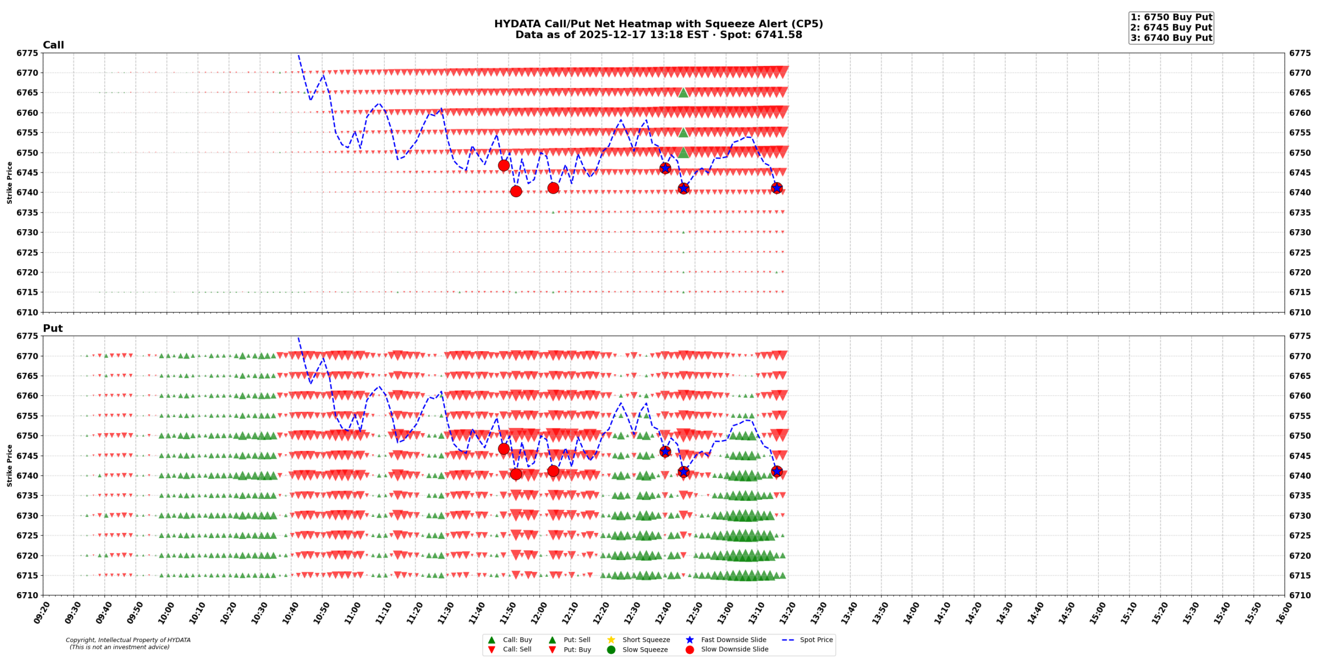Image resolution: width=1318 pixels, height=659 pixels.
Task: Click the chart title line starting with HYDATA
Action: (x=658, y=24)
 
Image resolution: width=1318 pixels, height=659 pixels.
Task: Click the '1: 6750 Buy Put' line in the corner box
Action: (x=1171, y=17)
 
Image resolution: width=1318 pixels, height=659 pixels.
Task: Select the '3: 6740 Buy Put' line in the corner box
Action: (x=1171, y=38)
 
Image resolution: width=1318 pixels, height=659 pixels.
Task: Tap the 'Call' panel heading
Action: (x=53, y=45)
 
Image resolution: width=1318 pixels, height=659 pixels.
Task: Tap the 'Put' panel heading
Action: (x=53, y=328)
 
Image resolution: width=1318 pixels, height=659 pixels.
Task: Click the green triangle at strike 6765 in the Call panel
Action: (x=683, y=93)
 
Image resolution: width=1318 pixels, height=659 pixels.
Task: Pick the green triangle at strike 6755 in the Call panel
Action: (x=683, y=132)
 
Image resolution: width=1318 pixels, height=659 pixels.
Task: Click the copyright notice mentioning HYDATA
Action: (x=128, y=640)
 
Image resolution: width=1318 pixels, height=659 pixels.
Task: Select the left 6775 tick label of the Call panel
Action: (x=27, y=53)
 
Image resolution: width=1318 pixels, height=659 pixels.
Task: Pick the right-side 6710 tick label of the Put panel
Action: (x=1300, y=595)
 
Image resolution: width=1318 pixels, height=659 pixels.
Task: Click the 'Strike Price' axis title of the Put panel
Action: (x=9, y=465)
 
